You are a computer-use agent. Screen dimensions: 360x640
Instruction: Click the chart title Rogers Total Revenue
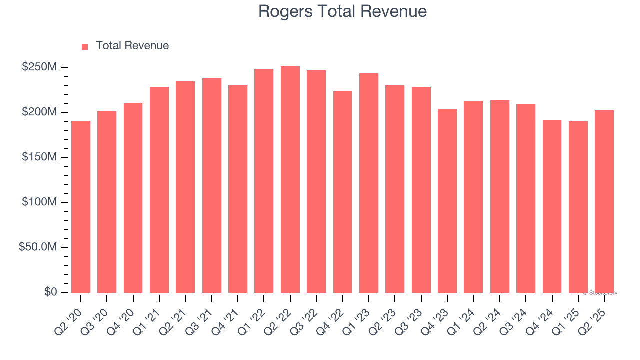pyautogui.click(x=342, y=11)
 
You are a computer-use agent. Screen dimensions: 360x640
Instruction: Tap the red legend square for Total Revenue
pyautogui.click(x=85, y=46)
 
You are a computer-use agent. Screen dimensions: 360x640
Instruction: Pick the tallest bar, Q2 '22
pyautogui.click(x=290, y=179)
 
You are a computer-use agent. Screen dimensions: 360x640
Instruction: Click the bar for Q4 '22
pyautogui.click(x=342, y=192)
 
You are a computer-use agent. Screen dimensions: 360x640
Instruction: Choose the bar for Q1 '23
pyautogui.click(x=368, y=183)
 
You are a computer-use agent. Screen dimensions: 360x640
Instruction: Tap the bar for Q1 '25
pyautogui.click(x=578, y=207)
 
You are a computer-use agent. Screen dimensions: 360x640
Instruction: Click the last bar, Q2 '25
pyautogui.click(x=604, y=201)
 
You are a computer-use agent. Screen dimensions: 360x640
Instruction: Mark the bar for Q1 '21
pyautogui.click(x=159, y=190)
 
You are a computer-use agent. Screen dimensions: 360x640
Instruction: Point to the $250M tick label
pyautogui.click(x=39, y=67)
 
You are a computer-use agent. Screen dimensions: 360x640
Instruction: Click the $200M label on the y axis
pyautogui.click(x=39, y=112)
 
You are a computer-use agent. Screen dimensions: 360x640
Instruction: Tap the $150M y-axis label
pyautogui.click(x=39, y=157)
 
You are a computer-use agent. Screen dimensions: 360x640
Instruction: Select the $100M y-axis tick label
pyautogui.click(x=39, y=202)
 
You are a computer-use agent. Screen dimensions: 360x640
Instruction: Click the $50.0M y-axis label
pyautogui.click(x=37, y=247)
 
